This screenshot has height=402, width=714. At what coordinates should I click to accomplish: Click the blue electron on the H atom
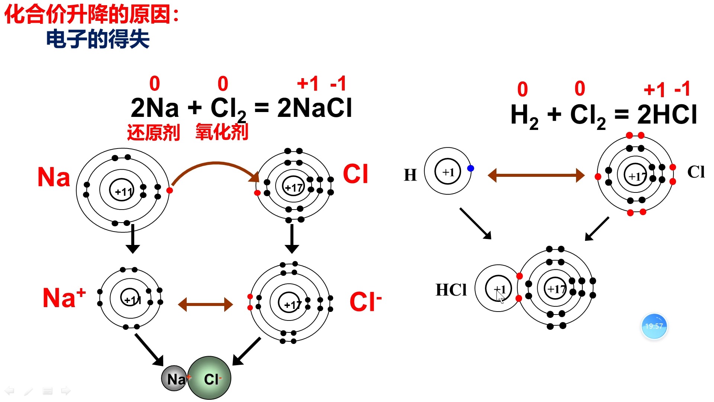470,168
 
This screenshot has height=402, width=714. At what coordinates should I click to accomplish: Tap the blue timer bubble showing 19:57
654,326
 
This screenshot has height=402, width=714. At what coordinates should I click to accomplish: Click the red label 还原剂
153,133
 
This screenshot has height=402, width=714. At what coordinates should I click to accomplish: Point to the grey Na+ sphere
173,379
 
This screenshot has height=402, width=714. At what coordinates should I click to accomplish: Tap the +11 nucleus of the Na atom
122,191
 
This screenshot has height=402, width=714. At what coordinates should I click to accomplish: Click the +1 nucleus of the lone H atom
448,172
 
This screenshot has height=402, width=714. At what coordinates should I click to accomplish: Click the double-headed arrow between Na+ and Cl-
205,304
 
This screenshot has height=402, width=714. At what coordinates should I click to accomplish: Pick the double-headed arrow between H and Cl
536,175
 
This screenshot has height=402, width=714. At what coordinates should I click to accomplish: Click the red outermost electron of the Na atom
170,191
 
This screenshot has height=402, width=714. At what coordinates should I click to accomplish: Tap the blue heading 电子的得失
97,39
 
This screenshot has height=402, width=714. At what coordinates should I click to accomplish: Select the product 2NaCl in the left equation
314,108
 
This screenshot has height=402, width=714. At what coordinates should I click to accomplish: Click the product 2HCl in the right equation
667,114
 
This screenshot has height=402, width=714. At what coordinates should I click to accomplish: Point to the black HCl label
451,290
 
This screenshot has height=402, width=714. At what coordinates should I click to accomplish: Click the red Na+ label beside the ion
64,298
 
